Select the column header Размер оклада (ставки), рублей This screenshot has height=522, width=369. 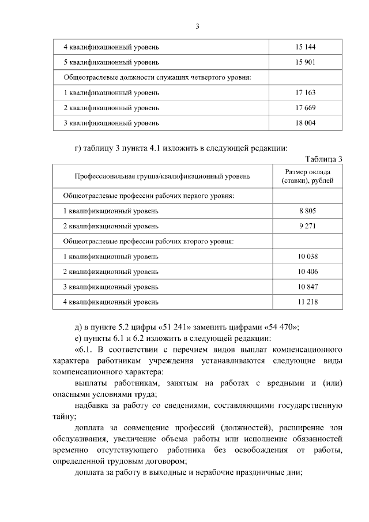click(x=307, y=176)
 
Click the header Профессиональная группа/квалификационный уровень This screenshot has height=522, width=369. click(x=162, y=176)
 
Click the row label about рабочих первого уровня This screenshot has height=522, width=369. click(x=148, y=196)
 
